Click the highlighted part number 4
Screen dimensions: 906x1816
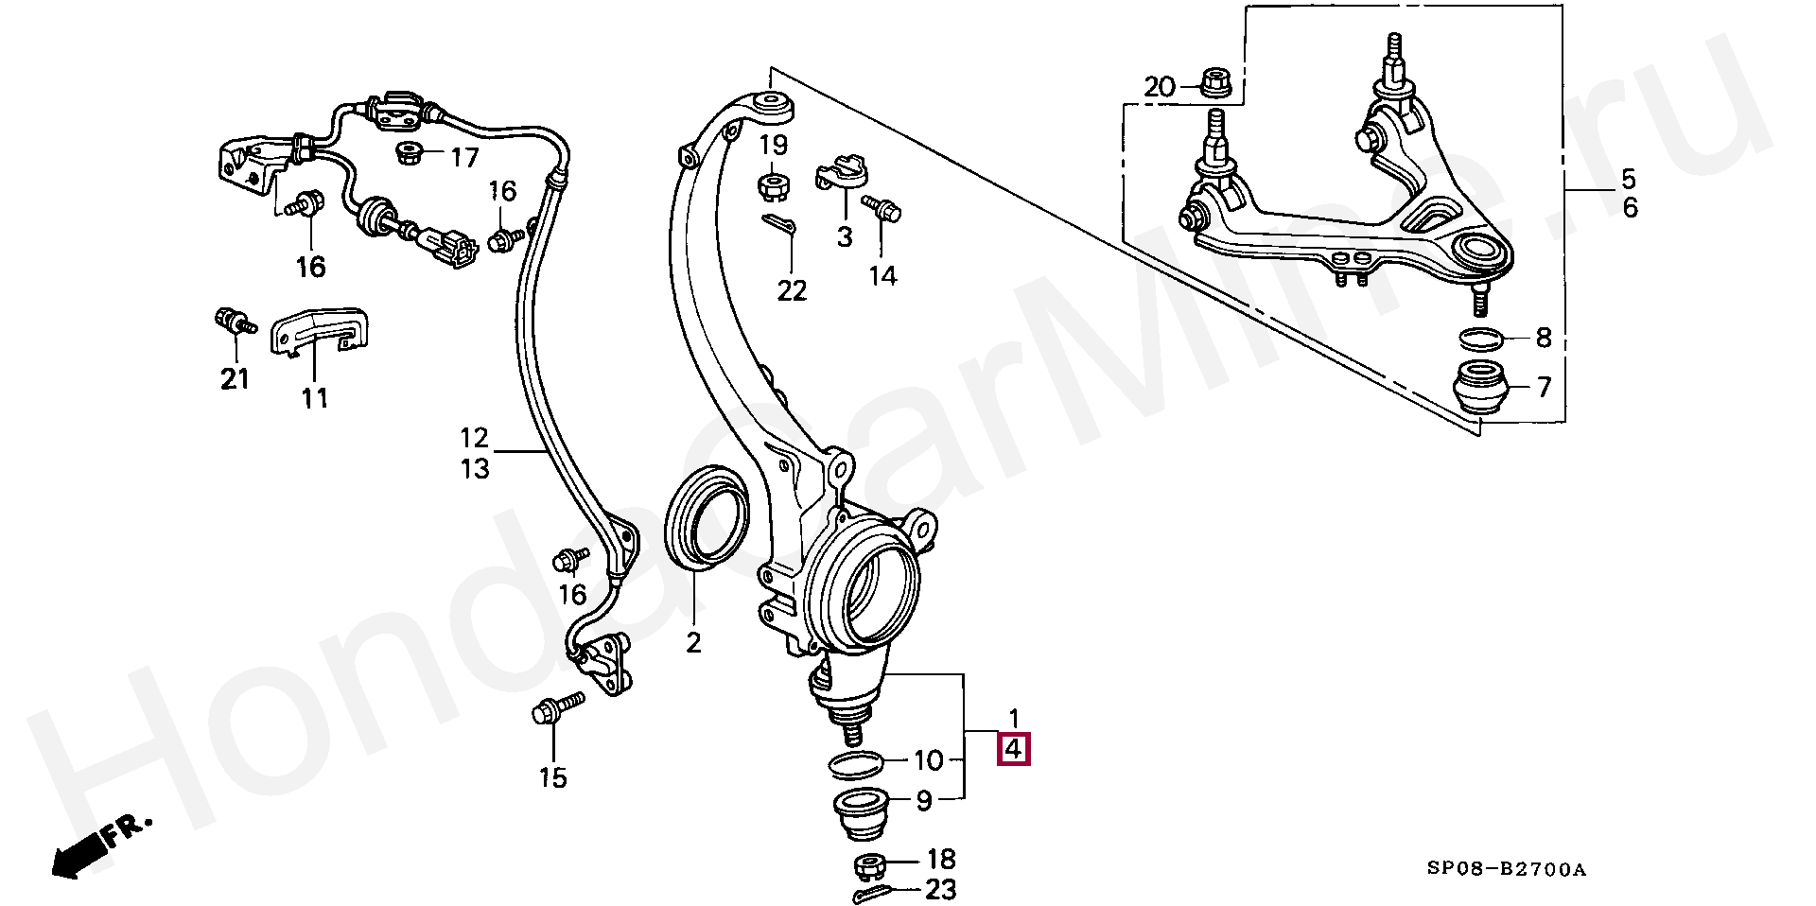[1012, 750]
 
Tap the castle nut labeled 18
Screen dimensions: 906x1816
[868, 864]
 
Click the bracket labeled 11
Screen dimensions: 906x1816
[319, 332]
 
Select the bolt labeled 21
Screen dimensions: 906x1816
[232, 322]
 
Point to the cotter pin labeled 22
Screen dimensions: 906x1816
[781, 227]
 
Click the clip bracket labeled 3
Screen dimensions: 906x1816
[841, 174]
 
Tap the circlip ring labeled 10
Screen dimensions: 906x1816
[855, 762]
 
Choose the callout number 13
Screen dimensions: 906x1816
[476, 467]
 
